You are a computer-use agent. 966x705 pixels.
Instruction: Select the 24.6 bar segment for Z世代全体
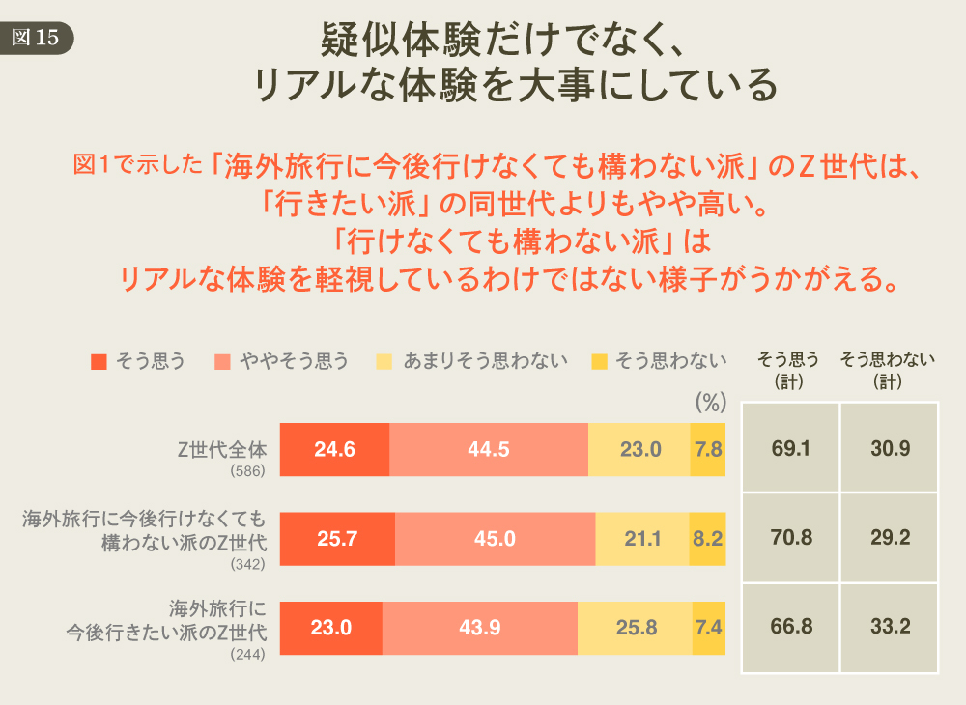[x=334, y=449]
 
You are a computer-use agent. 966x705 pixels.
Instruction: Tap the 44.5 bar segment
[x=489, y=449]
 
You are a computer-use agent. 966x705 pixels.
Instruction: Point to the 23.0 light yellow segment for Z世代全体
[x=639, y=449]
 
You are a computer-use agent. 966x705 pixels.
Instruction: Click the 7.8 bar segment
[x=708, y=449]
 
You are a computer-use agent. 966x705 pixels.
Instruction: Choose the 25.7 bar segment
[x=337, y=539]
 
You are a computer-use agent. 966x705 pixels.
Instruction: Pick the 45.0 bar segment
[x=495, y=539]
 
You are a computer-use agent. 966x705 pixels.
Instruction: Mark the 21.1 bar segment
[x=643, y=539]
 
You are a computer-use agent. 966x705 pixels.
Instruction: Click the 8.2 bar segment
[x=708, y=539]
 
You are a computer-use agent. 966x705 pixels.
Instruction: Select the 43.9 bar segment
[x=480, y=628]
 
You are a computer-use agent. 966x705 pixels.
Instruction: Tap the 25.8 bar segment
[x=636, y=628]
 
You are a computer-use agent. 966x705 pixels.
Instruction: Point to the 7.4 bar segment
[x=709, y=628]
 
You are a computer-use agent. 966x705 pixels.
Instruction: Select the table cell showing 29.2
[x=890, y=538]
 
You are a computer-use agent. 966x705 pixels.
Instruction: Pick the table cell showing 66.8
[x=791, y=628]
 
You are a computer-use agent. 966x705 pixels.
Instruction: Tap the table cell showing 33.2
[x=890, y=628]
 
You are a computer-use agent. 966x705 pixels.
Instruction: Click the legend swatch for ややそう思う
[x=222, y=362]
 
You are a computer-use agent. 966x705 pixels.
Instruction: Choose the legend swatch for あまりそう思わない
[x=384, y=362]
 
